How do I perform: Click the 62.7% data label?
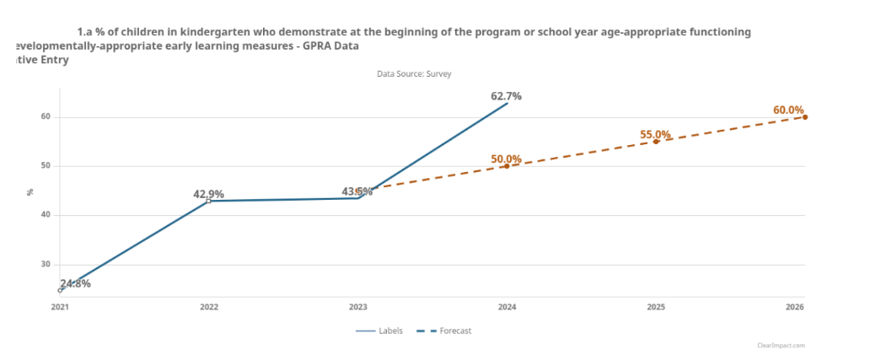[507, 96]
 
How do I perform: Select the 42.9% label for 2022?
[208, 194]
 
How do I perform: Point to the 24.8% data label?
[75, 283]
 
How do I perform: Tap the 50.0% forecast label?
[507, 159]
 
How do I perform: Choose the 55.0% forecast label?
[655, 135]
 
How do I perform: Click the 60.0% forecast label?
[788, 110]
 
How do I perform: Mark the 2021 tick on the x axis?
[60, 308]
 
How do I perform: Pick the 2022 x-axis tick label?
[209, 308]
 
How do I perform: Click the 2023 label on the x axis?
[357, 308]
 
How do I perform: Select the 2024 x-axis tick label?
[507, 308]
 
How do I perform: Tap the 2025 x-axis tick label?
[656, 308]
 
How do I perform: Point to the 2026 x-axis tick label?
[795, 308]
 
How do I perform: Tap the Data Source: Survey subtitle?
[414, 74]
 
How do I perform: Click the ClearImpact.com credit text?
[781, 346]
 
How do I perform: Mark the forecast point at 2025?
[656, 142]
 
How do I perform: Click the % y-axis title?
[30, 191]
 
